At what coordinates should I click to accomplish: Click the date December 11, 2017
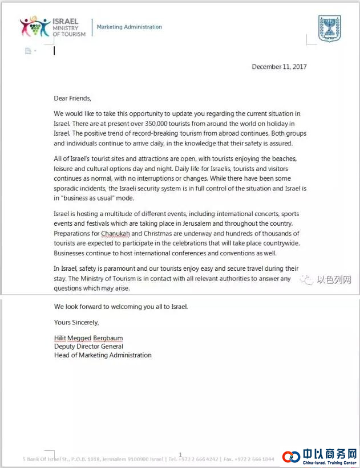[279, 67]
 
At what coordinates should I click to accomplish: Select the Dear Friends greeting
[72, 98]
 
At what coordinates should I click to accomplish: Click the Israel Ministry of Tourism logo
[53, 27]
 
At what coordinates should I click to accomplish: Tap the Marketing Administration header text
[129, 27]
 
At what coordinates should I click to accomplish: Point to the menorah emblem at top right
[329, 27]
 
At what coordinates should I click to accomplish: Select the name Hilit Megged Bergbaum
[88, 338]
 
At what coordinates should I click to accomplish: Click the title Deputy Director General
[88, 347]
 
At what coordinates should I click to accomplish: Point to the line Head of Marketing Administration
[103, 355]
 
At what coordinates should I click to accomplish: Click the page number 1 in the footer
[180, 454]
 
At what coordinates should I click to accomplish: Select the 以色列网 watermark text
[333, 280]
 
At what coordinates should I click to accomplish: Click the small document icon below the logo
[28, 51]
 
